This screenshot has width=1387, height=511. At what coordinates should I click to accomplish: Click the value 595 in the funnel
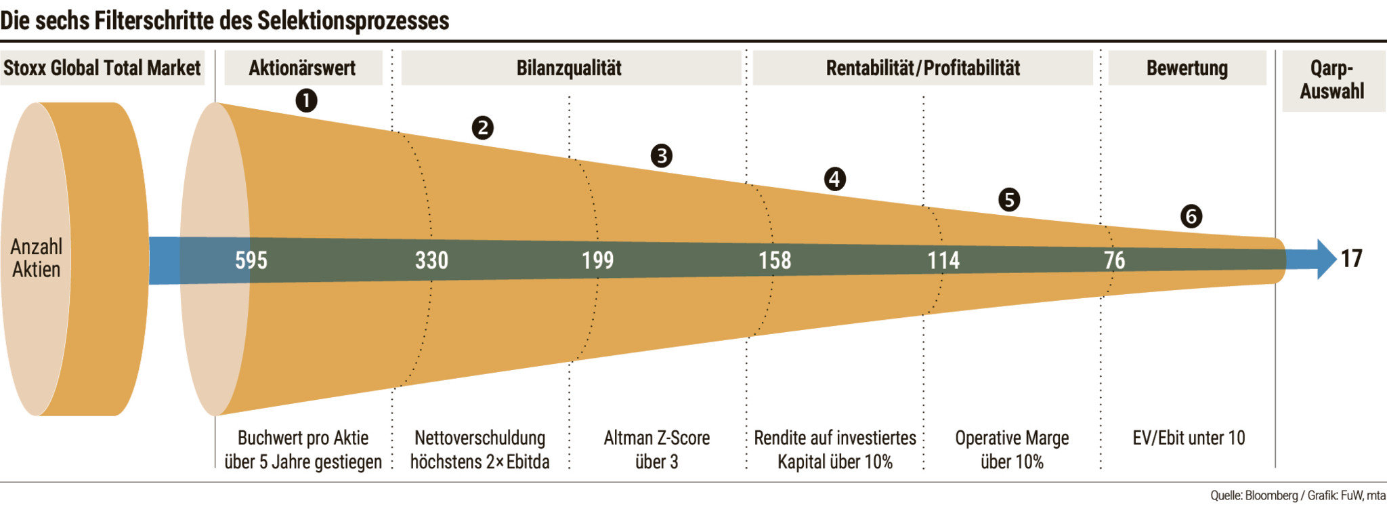(x=251, y=260)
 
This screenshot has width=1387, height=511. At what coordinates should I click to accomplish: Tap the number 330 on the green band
(x=431, y=260)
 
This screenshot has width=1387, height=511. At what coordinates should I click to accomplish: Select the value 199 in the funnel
(x=597, y=260)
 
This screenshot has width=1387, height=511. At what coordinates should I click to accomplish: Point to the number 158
(x=774, y=260)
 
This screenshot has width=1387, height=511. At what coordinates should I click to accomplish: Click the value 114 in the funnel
(x=943, y=260)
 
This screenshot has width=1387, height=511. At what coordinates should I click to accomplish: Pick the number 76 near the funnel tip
(x=1114, y=260)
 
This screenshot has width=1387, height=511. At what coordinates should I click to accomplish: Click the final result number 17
(x=1351, y=258)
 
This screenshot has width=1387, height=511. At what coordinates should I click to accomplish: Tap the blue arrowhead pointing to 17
(x=1326, y=259)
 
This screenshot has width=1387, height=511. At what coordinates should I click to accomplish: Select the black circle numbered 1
(x=306, y=101)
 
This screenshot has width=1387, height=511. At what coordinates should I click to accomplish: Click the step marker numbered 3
(x=661, y=155)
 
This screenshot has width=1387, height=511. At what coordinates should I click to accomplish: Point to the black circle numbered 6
(x=1191, y=216)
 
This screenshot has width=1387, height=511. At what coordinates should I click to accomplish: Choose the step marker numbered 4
(x=834, y=179)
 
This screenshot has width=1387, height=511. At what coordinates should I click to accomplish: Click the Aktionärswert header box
(x=303, y=68)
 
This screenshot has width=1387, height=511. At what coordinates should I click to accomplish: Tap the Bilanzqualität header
(x=569, y=68)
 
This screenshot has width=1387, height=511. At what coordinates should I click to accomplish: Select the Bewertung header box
(x=1187, y=68)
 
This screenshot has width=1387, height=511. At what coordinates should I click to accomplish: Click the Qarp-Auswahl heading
(x=1332, y=80)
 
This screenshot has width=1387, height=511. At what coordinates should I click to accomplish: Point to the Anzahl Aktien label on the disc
(x=36, y=258)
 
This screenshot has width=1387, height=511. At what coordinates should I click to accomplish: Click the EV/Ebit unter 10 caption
(x=1189, y=438)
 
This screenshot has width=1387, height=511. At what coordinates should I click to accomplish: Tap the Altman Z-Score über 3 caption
(x=656, y=449)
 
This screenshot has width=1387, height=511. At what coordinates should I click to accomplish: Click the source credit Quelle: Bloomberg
(x=1254, y=495)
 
